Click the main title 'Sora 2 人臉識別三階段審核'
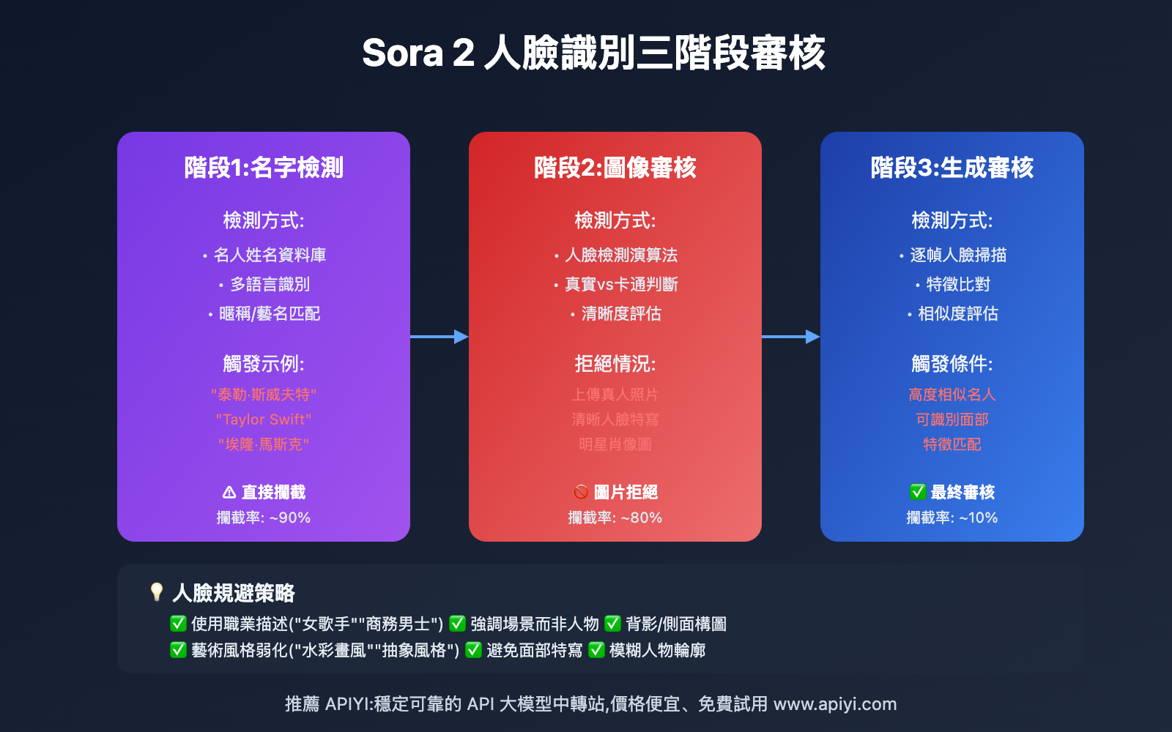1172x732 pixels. [593, 53]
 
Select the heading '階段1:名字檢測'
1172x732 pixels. [264, 168]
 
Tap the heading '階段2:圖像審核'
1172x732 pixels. [615, 168]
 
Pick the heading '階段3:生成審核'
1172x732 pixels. [952, 168]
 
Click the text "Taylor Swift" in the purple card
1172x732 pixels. [264, 419]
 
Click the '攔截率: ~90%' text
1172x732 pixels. [264, 518]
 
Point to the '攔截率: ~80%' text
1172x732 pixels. [615, 518]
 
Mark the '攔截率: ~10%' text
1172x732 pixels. [952, 518]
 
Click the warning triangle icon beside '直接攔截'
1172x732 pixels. [229, 493]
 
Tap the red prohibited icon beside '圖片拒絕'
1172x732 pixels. [581, 492]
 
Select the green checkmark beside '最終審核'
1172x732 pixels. [917, 492]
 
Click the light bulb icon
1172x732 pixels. [156, 591]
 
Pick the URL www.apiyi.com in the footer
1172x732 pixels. [835, 704]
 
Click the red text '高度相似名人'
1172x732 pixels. [952, 395]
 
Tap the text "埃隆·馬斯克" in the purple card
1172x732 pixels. [264, 444]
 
